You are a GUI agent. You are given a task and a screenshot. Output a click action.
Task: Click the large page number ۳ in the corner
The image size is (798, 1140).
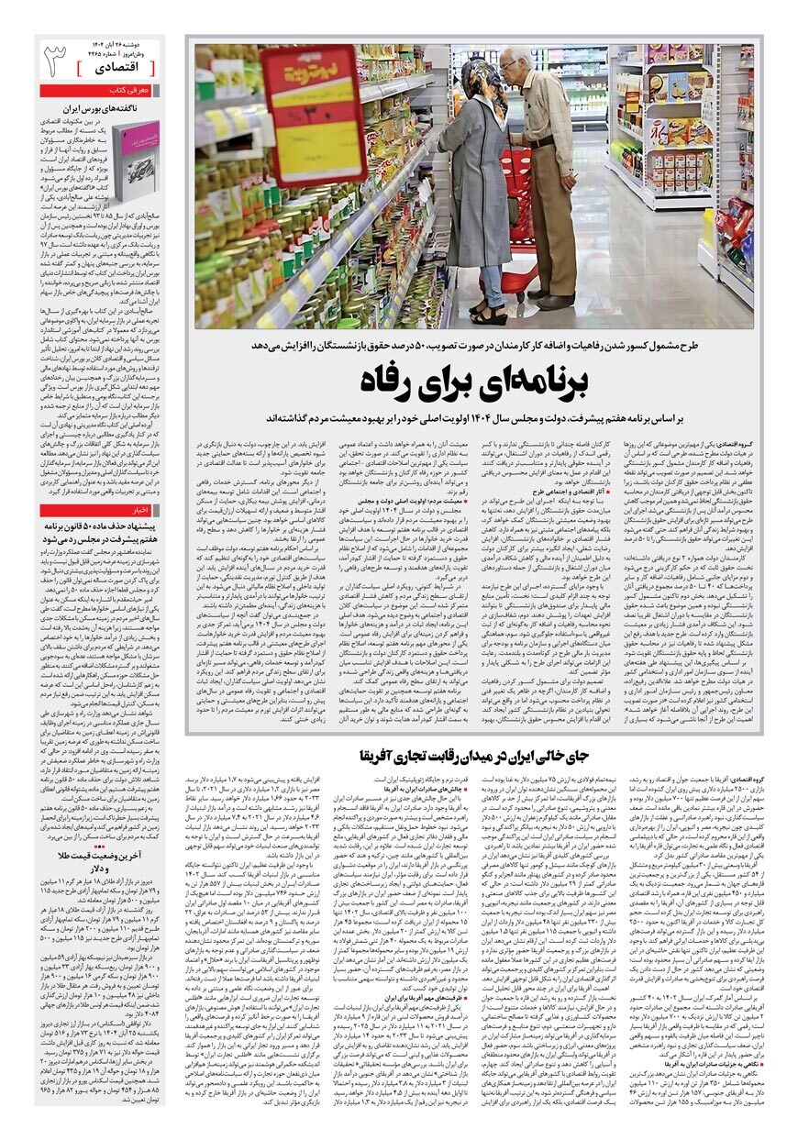coord(55,60)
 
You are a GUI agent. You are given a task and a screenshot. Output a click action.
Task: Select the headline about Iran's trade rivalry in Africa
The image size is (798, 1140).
coord(495,756)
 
